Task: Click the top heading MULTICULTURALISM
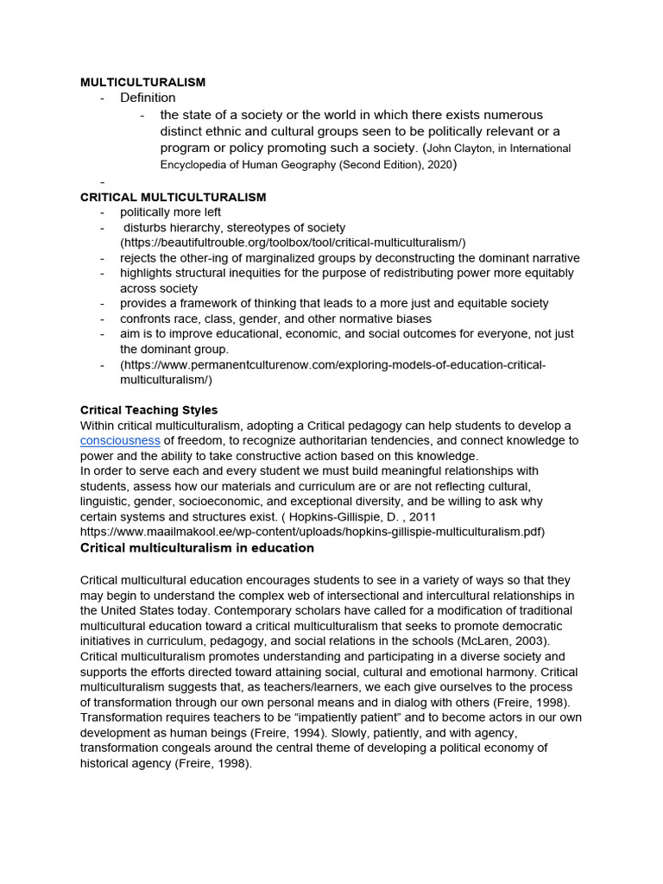[x=142, y=82]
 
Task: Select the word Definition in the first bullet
[x=148, y=98]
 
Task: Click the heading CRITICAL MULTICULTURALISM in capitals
[x=173, y=198]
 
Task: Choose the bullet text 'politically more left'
[x=170, y=212]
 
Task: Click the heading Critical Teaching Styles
[x=148, y=410]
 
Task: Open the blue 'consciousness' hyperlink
[x=120, y=440]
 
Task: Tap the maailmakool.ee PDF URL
[x=313, y=531]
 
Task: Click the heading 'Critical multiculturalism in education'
[x=197, y=548]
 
